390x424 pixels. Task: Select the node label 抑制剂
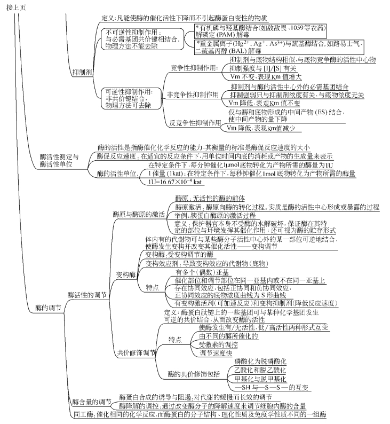pos(81,71)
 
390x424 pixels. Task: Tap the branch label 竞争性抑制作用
pos(194,68)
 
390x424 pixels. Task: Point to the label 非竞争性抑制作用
pos(193,95)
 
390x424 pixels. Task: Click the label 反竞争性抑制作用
pos(195,122)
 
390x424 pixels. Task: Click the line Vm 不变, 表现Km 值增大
pos(262,76)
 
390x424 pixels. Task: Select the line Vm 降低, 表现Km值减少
pos(264,128)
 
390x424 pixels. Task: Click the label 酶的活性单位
pos(117,174)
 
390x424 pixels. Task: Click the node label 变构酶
pos(126,259)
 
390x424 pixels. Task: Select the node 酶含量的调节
pos(91,402)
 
